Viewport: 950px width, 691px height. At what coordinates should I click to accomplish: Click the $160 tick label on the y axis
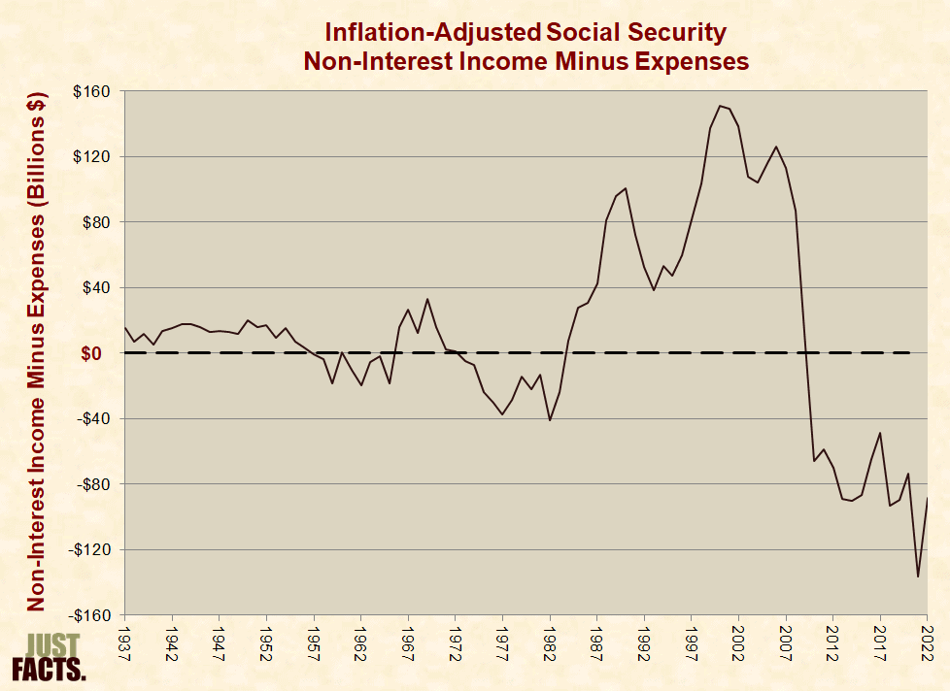coord(91,91)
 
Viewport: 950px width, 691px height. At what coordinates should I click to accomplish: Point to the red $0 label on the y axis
coord(91,353)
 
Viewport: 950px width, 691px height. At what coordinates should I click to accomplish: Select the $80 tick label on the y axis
coord(95,222)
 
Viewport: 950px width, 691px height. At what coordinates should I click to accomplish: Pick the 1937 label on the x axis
coord(125,644)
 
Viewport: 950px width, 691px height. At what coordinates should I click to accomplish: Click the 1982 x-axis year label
coord(550,644)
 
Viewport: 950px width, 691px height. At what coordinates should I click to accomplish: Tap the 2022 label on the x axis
coord(927,644)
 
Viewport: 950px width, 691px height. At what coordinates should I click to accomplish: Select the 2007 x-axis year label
coord(786,644)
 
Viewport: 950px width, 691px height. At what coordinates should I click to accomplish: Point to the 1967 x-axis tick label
coord(408,644)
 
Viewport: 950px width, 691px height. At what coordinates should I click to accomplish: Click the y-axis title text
coord(36,351)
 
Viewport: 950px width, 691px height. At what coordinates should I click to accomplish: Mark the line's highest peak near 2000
coord(720,106)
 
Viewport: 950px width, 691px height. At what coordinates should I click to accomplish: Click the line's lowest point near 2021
coord(918,576)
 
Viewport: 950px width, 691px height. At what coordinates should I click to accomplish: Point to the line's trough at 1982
coord(550,420)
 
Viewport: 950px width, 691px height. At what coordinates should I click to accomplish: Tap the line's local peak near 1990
coord(626,188)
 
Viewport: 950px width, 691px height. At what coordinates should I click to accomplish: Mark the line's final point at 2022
coord(927,498)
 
